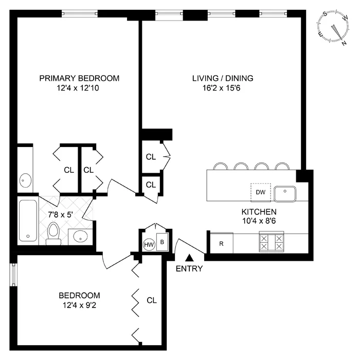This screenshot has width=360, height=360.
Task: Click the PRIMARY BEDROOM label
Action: tap(79, 78)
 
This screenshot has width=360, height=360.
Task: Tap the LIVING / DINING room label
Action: tap(223, 78)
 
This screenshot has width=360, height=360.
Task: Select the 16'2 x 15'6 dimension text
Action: tap(223, 88)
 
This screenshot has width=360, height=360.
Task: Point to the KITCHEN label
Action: tap(259, 211)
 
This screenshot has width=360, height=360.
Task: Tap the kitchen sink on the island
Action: tap(284, 194)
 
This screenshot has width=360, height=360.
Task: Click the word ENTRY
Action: tap(189, 269)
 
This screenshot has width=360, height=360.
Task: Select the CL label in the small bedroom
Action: tap(151, 300)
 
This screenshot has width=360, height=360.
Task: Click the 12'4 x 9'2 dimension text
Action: tap(79, 305)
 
